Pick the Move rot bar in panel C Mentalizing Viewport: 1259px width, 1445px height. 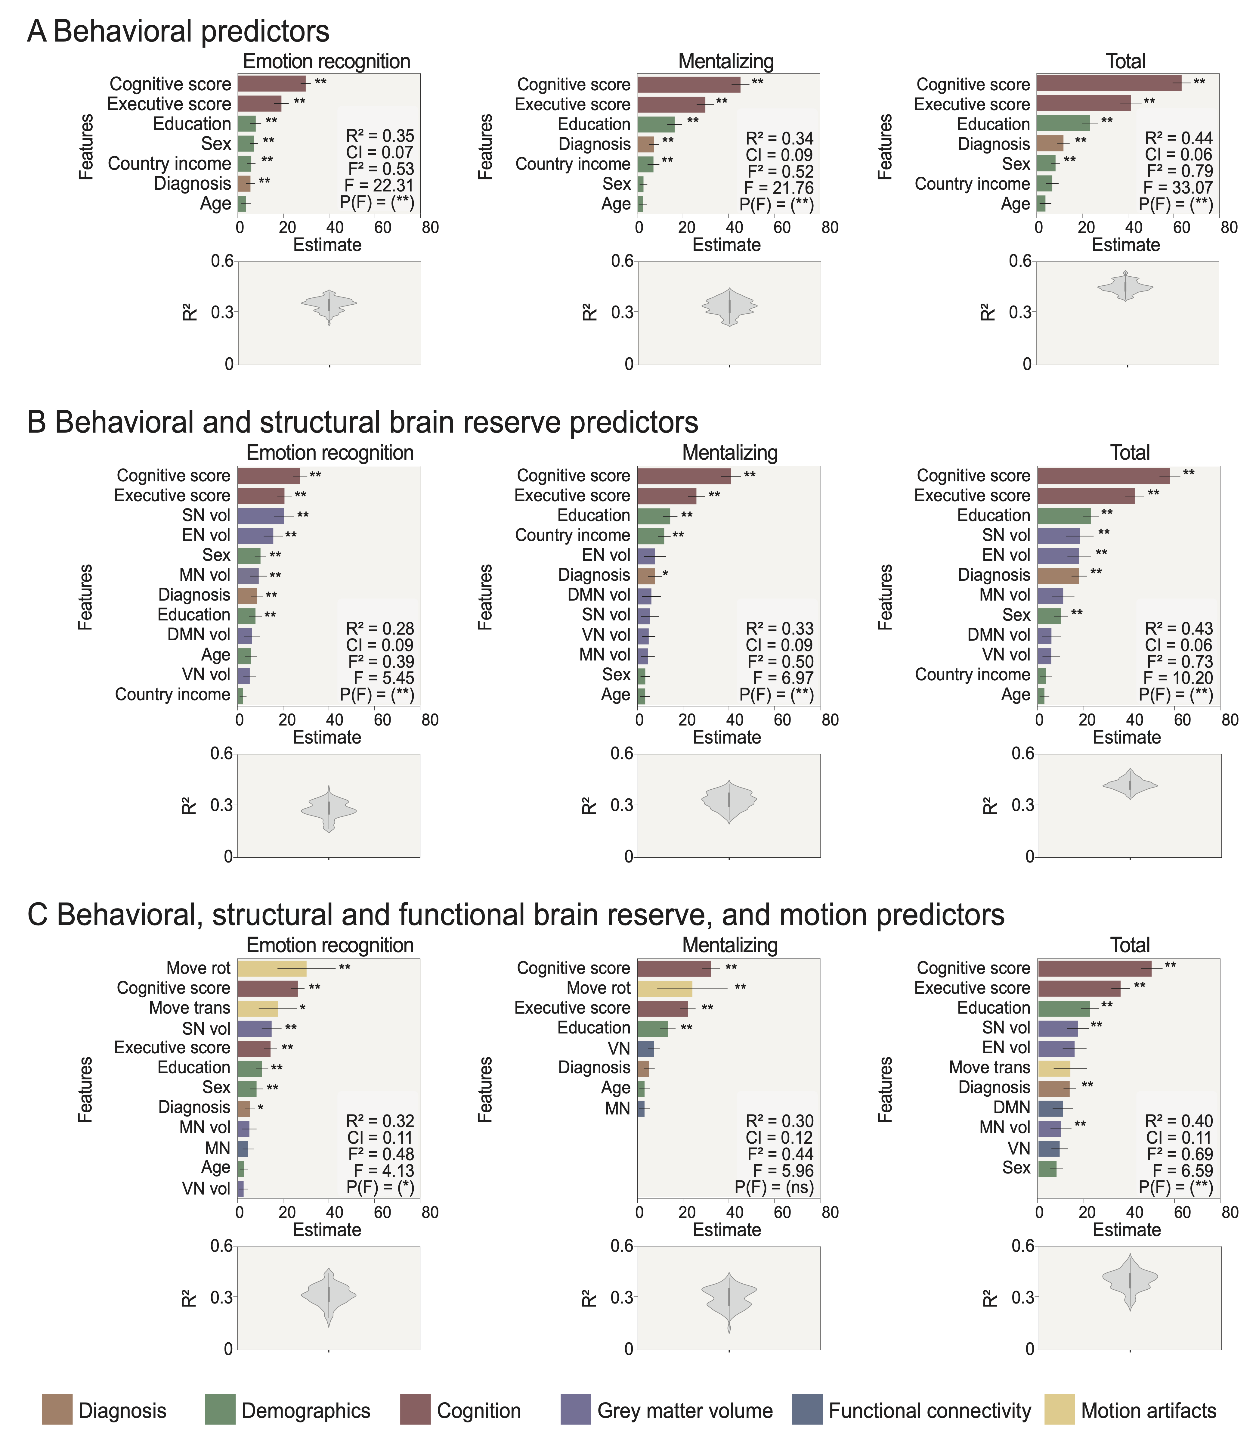click(665, 988)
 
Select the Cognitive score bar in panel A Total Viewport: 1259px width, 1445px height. click(1109, 84)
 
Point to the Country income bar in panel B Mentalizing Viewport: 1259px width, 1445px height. click(651, 536)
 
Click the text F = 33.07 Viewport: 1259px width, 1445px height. click(1177, 188)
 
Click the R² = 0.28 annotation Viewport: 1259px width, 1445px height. click(380, 628)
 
